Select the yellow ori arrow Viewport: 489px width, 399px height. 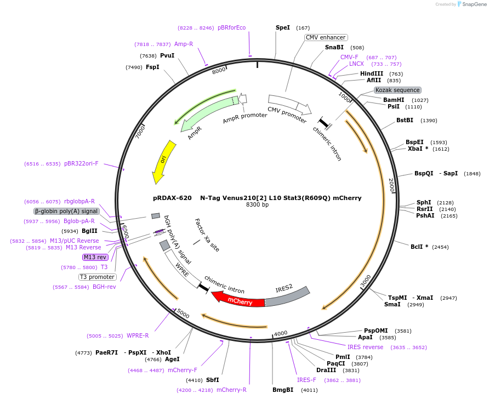coord(163,161)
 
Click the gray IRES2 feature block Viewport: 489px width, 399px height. coord(287,296)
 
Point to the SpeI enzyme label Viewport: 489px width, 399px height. coord(283,27)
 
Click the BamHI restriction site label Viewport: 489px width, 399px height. coord(394,100)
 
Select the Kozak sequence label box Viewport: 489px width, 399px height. coord(397,90)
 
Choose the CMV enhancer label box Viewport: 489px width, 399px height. coord(326,37)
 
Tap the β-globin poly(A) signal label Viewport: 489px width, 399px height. coord(66,211)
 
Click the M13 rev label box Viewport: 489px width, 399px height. coord(95,257)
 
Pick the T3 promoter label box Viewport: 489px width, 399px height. coord(98,277)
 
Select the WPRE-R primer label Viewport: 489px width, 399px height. coord(138,335)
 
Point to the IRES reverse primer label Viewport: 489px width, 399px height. coord(366,347)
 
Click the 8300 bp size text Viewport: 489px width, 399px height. coord(257,205)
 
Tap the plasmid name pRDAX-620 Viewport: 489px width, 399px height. coord(172,198)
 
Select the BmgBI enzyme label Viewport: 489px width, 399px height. coord(283,390)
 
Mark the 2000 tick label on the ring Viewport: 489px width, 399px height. coord(391,185)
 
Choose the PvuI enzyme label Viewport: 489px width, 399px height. coord(167,55)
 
